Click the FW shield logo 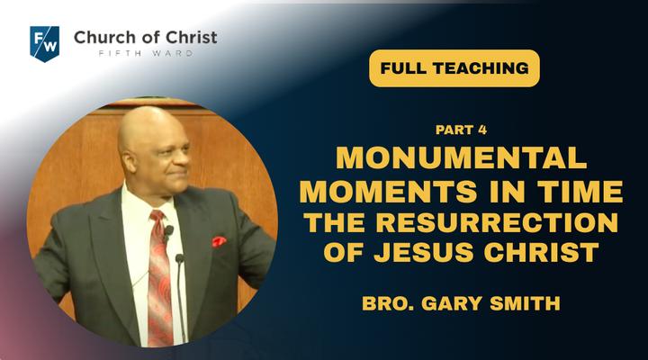tap(45, 43)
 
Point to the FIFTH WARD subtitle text tap(146, 53)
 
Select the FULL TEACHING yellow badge tap(454, 68)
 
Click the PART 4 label tap(461, 130)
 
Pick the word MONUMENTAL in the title tap(462, 157)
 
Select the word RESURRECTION tap(497, 222)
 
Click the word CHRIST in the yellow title tap(542, 252)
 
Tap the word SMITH tap(525, 303)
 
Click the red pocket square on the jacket tap(219, 241)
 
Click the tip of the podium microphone tap(179, 258)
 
